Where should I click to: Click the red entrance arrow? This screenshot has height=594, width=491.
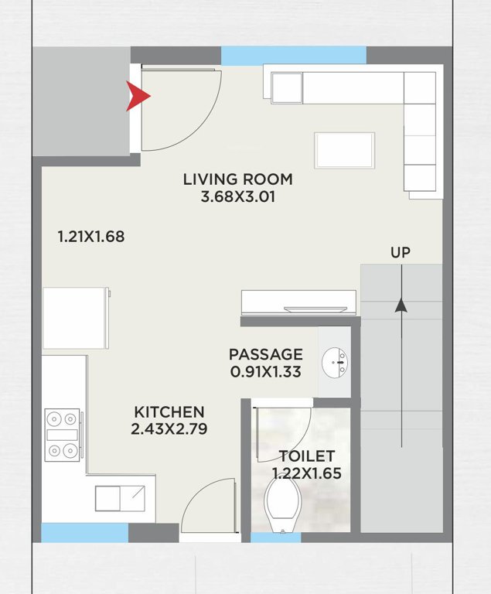(138, 97)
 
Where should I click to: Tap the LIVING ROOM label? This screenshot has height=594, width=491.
(237, 179)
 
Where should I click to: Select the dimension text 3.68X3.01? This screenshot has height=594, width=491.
(237, 197)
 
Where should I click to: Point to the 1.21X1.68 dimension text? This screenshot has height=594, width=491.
(90, 237)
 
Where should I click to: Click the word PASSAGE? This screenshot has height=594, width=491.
(265, 354)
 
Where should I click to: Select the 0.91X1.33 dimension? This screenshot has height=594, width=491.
(265, 371)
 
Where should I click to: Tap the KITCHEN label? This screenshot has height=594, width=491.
(169, 412)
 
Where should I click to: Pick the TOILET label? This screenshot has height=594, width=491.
(306, 456)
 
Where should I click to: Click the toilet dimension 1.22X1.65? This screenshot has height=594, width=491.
(306, 473)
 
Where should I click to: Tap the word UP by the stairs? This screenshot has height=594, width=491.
(400, 253)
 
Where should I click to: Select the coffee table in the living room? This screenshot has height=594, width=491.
(344, 150)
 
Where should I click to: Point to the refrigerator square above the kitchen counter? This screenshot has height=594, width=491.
(75, 318)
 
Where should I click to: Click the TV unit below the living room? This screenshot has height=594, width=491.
(299, 302)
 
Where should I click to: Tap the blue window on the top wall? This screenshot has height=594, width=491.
(293, 55)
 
